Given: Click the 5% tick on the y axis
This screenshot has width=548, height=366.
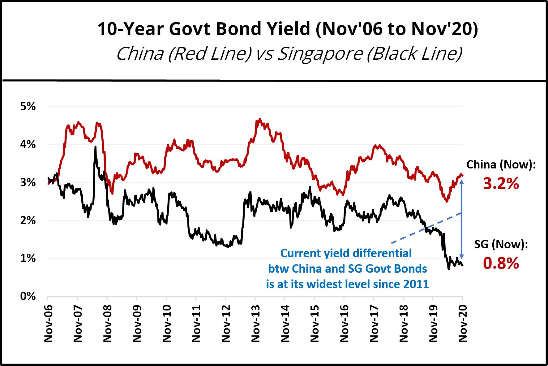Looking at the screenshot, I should (28, 106).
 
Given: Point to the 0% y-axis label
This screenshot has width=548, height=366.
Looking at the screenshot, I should (28, 296).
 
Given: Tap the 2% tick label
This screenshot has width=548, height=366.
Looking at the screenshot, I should (28, 220).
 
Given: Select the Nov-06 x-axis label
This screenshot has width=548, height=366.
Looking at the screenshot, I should (48, 323).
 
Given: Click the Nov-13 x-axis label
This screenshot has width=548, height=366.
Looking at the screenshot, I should (255, 323).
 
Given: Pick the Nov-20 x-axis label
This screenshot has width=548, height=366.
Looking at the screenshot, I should (463, 323).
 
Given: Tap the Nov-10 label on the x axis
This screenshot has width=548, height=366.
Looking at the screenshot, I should (167, 323).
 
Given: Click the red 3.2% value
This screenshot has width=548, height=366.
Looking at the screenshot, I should (501, 183).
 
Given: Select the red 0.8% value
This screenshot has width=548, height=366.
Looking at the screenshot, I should (501, 263).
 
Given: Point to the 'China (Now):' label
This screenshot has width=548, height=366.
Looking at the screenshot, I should (501, 164).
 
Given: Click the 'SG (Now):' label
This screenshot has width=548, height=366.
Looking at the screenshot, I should (501, 244).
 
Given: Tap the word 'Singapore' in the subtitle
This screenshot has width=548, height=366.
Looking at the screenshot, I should (320, 54).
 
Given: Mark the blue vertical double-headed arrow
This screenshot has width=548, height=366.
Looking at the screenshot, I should (462, 219).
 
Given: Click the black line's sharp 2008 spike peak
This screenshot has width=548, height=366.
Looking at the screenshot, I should (95, 147).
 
